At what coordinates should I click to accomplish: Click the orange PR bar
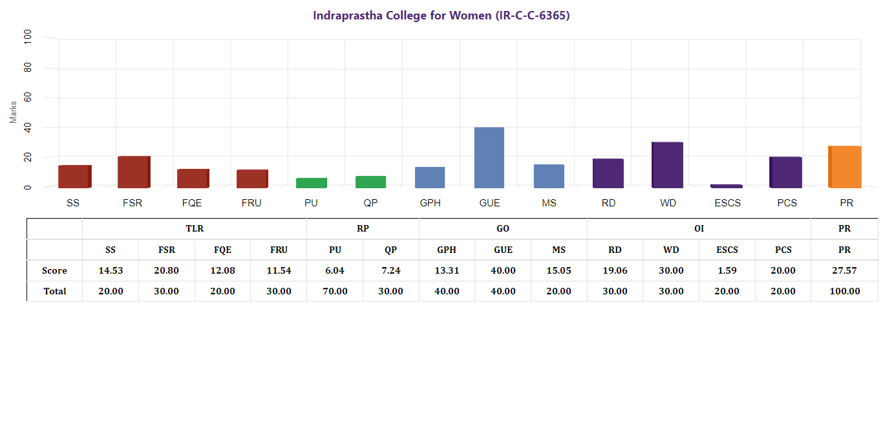[845, 167]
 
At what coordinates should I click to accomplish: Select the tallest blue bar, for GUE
[489, 158]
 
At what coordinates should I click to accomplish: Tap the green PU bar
[311, 183]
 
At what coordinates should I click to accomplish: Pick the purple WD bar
[667, 165]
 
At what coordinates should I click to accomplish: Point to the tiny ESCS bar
[727, 186]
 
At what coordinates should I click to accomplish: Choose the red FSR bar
[134, 172]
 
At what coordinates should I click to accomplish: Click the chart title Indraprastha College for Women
[441, 16]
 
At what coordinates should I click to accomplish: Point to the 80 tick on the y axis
[27, 68]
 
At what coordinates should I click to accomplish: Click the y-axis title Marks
[14, 112]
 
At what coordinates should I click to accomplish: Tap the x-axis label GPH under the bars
[430, 203]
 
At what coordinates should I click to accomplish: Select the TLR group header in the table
[195, 228]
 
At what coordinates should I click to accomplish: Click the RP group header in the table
[363, 228]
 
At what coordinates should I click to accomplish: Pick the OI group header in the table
[699, 228]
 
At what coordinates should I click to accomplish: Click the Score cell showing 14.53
[111, 270]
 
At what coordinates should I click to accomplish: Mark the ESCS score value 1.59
[727, 270]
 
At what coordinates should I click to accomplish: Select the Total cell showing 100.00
[844, 291]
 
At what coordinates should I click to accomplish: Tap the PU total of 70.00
[335, 291]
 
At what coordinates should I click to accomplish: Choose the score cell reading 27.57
[844, 270]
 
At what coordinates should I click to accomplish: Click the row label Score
[54, 270]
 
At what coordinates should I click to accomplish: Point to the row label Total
[54, 291]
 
